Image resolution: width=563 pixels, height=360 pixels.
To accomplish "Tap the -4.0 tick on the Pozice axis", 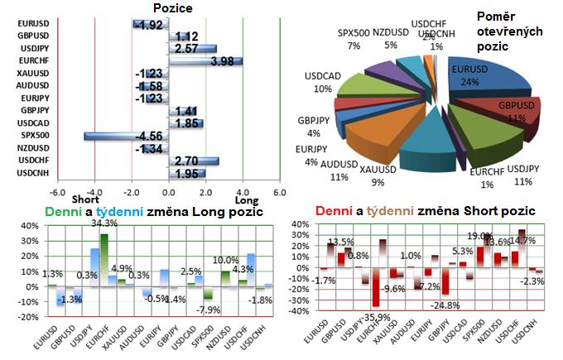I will coord(94,191).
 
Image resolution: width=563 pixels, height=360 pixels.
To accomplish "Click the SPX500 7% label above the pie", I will coord(354,38).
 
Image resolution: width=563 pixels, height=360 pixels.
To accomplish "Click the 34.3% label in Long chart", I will coord(103,223).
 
